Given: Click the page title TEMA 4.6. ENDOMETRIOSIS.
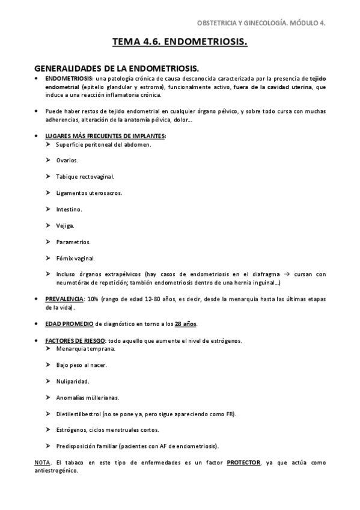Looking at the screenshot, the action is pos(180,43).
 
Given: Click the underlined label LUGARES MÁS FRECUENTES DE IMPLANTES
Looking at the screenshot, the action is pos(105,136).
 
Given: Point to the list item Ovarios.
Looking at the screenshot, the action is pos(67,161).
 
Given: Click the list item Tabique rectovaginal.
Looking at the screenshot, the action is pos(85,177).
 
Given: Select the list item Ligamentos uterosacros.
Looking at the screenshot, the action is pos(88,193).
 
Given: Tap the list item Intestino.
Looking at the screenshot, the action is pos(69,209).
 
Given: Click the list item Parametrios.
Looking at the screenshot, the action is pos(73,242).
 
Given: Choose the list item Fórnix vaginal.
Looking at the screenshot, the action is pos(76,258).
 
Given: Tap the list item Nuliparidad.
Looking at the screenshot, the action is pos(72,381).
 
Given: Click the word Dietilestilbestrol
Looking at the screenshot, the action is pos(79,414).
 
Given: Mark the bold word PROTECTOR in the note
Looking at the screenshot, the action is pos(243,462).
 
